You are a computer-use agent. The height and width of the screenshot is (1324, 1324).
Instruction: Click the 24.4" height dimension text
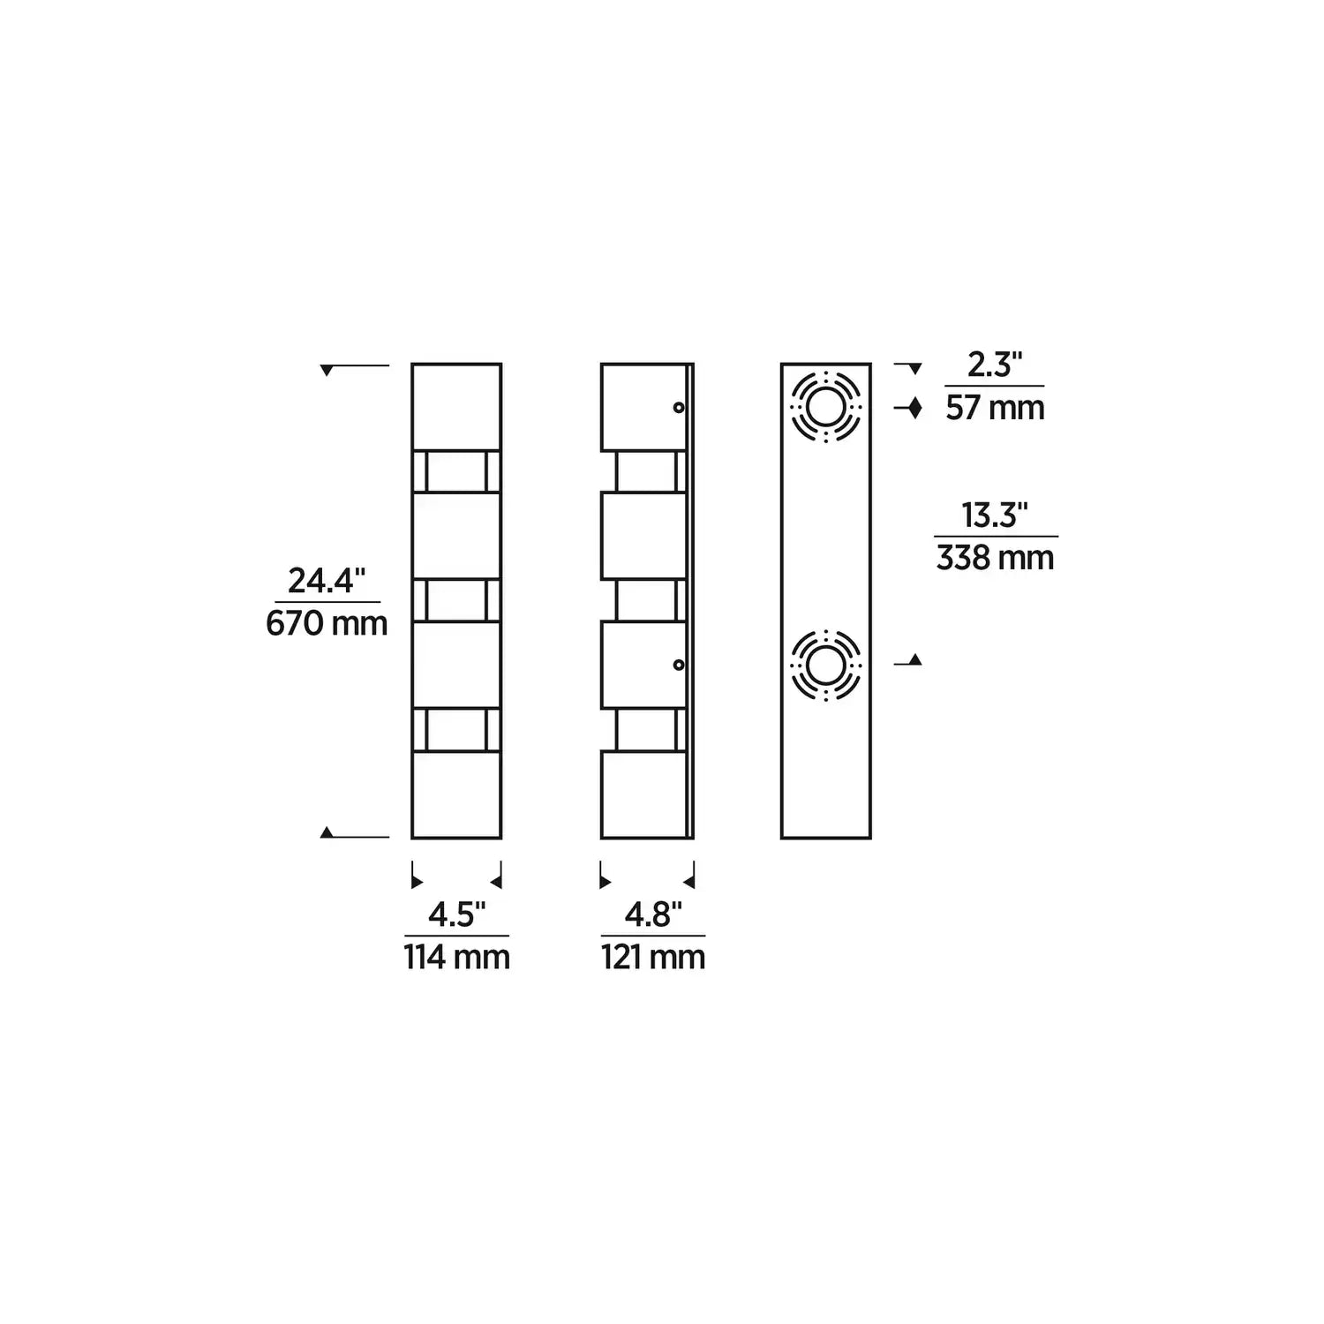[327, 581]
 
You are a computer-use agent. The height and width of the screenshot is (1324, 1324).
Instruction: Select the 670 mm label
[327, 624]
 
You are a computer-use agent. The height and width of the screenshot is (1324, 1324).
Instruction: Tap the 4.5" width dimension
[456, 915]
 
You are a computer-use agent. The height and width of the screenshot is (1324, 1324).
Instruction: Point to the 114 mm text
[457, 958]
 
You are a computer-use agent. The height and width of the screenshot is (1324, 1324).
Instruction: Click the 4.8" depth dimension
[653, 915]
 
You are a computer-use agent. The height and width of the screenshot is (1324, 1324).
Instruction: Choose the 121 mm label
[653, 958]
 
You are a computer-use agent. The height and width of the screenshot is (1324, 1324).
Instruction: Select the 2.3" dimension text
[994, 365]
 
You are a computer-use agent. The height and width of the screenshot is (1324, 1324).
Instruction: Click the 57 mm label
[995, 408]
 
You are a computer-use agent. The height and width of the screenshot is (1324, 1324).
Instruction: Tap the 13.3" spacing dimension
[995, 515]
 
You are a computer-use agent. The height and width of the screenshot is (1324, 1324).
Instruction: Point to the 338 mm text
[995, 559]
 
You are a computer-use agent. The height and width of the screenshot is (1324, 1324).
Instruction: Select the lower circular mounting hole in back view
[826, 665]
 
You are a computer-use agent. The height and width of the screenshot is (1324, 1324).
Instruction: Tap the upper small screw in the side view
[678, 407]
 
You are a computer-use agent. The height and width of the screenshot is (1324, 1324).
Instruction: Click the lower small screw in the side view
[678, 665]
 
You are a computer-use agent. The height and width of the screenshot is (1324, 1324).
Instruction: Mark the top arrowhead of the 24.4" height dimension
[327, 371]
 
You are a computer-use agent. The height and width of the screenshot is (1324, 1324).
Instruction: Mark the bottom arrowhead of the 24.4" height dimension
[327, 831]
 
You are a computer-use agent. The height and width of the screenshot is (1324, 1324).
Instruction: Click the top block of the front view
[456, 407]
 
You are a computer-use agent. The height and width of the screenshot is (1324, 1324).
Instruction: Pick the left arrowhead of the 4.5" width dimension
[418, 881]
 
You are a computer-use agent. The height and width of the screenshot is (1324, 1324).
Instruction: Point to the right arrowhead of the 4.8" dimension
[688, 881]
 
